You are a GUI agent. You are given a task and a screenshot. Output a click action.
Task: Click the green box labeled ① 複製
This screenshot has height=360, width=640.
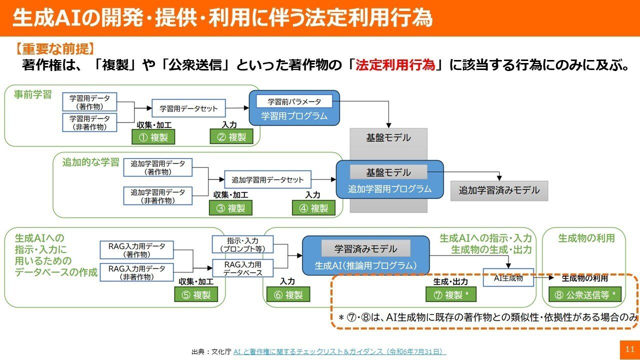[x=153, y=137]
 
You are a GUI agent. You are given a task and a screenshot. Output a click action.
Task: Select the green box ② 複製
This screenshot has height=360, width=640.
[x=231, y=137]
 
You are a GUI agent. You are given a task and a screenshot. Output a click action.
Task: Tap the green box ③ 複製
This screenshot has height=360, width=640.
[x=230, y=208]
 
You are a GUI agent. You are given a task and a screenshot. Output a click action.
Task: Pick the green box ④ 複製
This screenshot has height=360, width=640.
[x=313, y=208]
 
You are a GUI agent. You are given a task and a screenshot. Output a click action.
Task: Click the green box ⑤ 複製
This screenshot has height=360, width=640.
[x=196, y=295]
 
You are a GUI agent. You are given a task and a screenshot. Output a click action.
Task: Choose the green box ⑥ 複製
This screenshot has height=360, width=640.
[x=288, y=295]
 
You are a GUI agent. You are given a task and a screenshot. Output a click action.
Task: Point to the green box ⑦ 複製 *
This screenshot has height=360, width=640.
[x=450, y=295]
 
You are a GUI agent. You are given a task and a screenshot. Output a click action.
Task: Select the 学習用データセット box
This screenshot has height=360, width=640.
[x=188, y=108]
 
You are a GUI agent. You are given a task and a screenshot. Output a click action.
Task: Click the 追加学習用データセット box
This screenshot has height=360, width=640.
[x=267, y=179]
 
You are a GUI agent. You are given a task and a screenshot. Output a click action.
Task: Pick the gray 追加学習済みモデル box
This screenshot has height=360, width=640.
[x=499, y=190]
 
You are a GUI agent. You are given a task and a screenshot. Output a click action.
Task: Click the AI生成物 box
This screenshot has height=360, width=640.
[x=508, y=278]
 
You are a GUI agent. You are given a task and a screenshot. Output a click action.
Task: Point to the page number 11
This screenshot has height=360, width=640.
[x=629, y=349]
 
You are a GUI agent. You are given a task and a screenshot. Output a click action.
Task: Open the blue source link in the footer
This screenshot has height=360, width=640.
[x=339, y=351]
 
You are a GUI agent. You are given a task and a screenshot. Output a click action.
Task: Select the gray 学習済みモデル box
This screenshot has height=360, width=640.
[x=365, y=248]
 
